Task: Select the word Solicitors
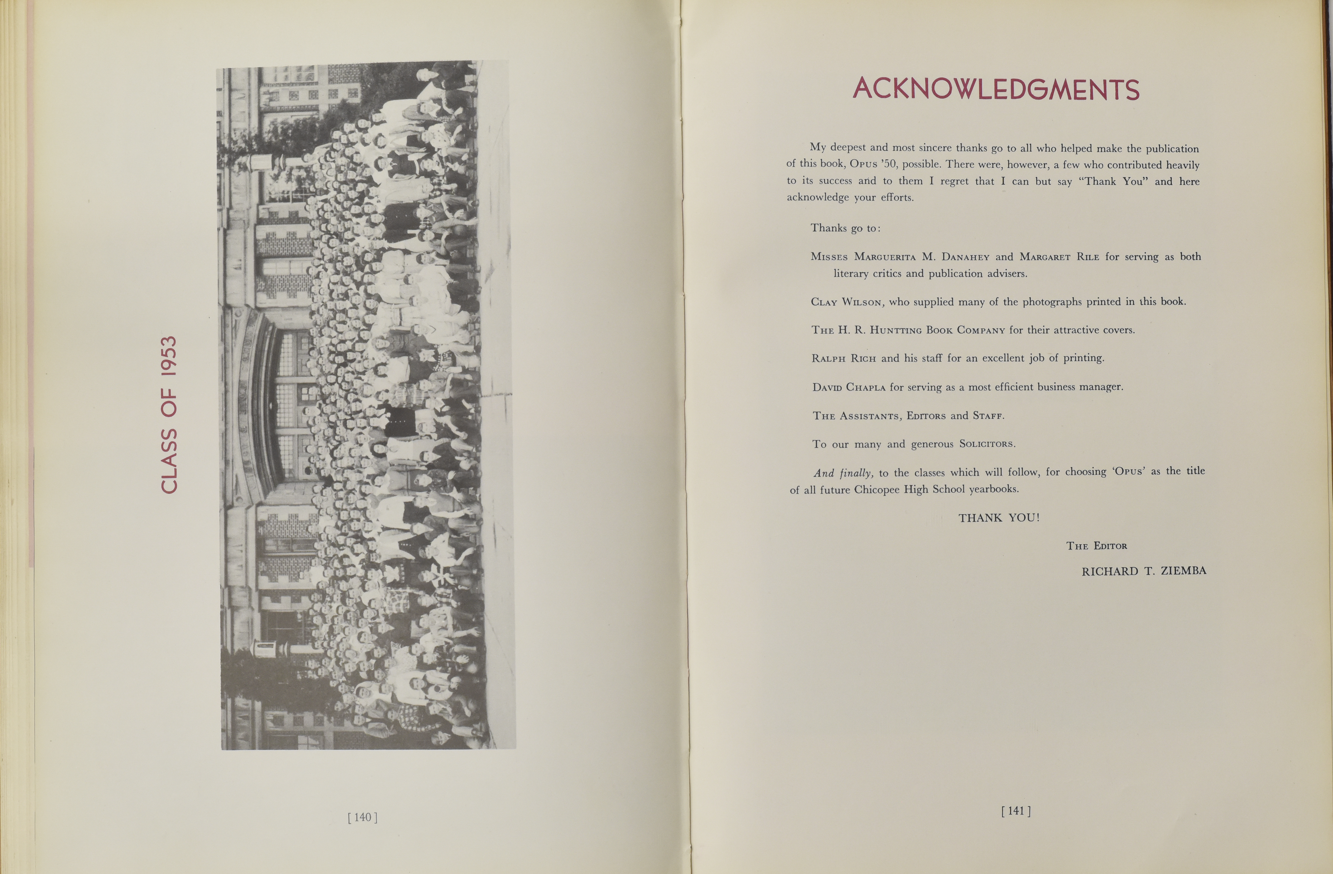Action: pos(986,444)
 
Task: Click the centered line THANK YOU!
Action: pos(999,518)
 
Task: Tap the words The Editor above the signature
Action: pos(1096,546)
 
